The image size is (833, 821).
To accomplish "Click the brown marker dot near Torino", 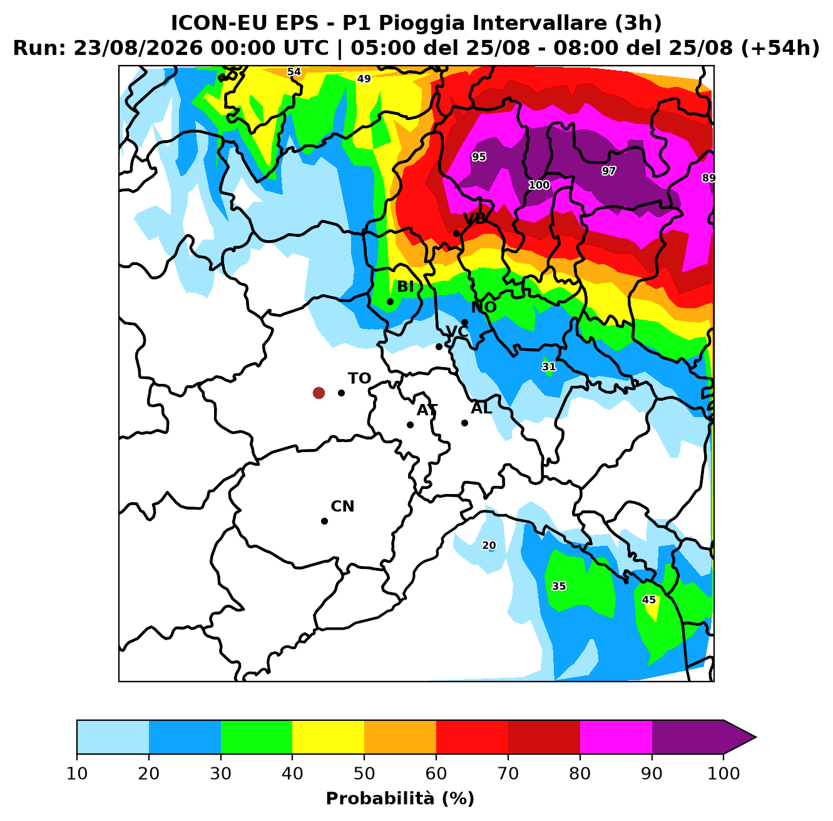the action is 319,393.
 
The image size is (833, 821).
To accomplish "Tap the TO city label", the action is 359,378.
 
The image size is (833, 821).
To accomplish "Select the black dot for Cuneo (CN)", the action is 324,521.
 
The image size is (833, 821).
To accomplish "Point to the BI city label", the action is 405,286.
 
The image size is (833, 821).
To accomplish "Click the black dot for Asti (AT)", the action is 410,425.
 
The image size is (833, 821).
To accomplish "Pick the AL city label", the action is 481,408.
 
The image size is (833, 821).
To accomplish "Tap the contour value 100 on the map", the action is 539,185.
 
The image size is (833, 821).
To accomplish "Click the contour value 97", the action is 609,171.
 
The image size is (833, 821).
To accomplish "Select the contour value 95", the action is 479,157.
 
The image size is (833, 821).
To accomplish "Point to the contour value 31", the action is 549,367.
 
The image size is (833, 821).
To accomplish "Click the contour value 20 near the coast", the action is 489,545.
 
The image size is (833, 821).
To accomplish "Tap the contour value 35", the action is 558,586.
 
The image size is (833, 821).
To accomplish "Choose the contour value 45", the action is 648,600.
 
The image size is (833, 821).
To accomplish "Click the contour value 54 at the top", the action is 294,71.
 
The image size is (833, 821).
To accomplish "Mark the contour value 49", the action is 364,79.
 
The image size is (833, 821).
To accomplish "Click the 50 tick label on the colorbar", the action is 364,773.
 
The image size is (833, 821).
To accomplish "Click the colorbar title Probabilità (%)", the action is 400,798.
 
